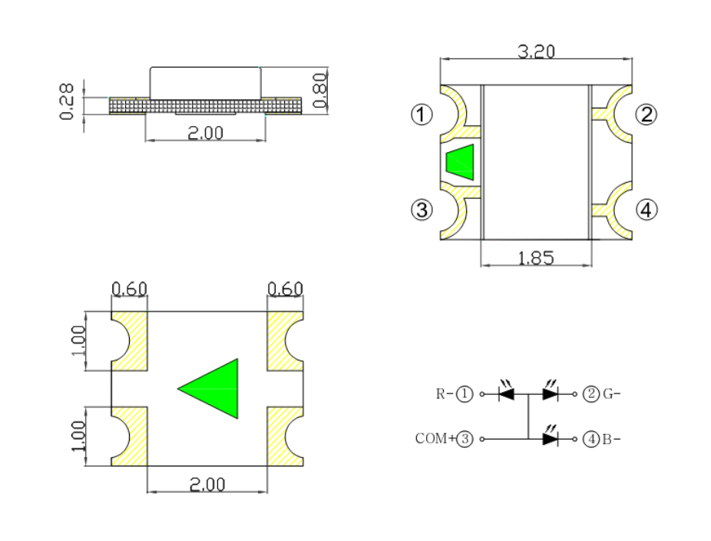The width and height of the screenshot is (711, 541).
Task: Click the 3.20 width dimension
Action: (536, 51)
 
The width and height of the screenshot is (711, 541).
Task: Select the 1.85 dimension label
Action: (536, 258)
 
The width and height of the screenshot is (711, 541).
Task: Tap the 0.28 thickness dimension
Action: (67, 101)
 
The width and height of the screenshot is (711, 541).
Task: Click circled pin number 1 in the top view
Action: (421, 115)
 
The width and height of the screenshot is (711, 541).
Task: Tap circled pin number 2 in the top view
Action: (647, 115)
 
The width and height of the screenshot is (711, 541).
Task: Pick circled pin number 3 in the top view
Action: (421, 209)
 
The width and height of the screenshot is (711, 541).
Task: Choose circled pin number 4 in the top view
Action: (647, 209)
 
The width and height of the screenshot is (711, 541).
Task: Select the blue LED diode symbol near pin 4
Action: (550, 438)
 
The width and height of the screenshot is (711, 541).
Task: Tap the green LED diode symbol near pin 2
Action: (550, 393)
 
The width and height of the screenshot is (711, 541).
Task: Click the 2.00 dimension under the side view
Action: (206, 132)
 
